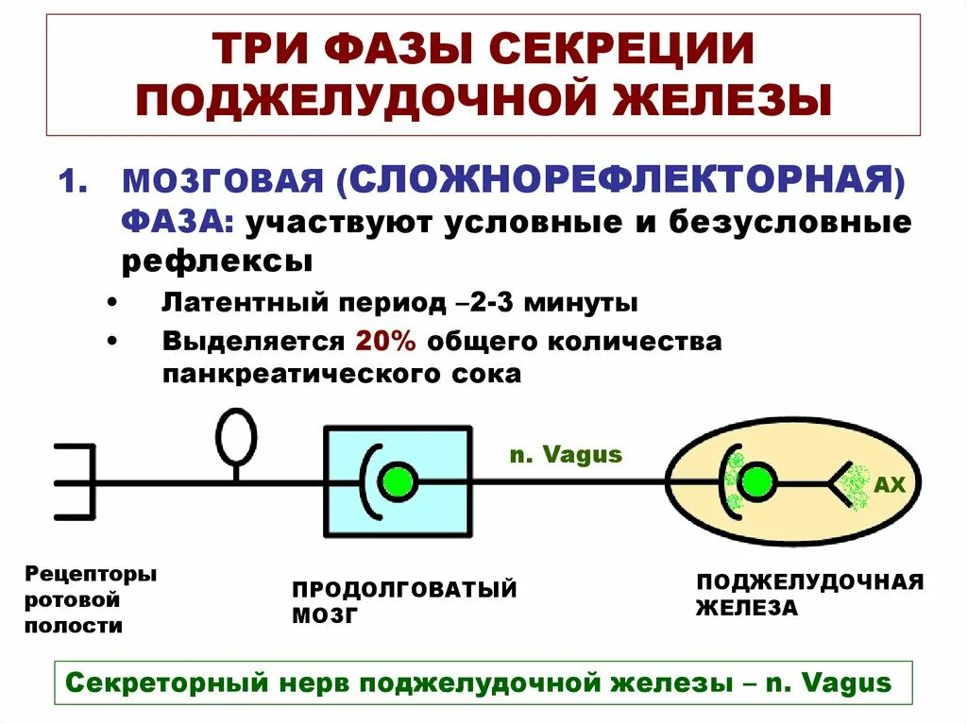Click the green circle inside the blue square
(398, 482)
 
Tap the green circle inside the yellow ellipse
(756, 482)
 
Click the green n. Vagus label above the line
(566, 454)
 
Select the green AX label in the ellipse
(890, 485)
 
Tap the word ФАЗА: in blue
(178, 223)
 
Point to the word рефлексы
(217, 261)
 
